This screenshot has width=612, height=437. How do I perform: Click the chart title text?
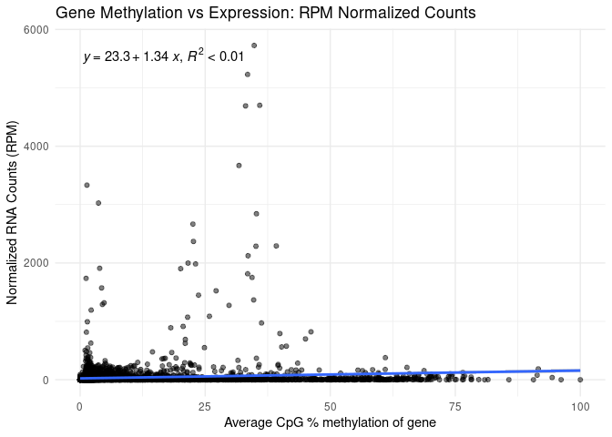[x=265, y=13]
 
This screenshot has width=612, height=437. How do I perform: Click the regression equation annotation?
[x=164, y=56]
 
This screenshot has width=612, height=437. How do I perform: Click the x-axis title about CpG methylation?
[x=330, y=422]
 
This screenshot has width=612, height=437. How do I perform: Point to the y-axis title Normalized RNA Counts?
[x=13, y=205]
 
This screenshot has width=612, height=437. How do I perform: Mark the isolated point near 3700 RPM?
[x=239, y=165]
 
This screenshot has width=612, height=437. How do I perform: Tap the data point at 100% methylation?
[x=579, y=379]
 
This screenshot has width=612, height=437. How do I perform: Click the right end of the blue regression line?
[x=579, y=371]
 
